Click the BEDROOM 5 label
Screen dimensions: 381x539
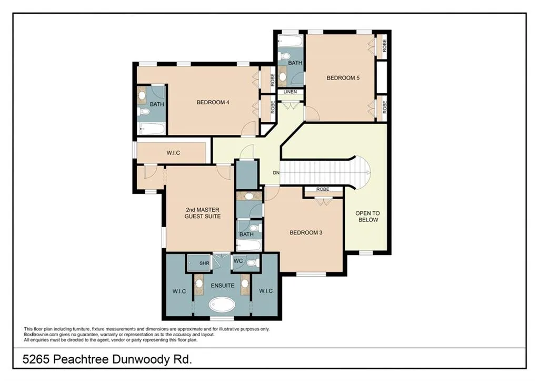point(343,78)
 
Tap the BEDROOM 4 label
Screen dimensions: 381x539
point(213,103)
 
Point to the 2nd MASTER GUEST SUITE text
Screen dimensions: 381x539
point(202,213)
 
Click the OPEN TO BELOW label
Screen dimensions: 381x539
point(367,216)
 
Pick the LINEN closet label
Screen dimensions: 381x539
point(290,92)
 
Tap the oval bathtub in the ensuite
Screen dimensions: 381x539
point(222,305)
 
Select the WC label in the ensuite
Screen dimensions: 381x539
point(238,261)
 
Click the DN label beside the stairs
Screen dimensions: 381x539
point(276,173)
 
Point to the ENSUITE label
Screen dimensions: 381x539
point(222,286)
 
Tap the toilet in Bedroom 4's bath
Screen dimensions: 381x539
point(143,112)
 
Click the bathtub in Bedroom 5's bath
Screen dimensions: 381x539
point(290,41)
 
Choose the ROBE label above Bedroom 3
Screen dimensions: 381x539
point(323,190)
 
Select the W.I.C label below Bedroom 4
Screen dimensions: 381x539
point(174,153)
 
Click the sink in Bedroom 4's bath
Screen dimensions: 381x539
point(142,95)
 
